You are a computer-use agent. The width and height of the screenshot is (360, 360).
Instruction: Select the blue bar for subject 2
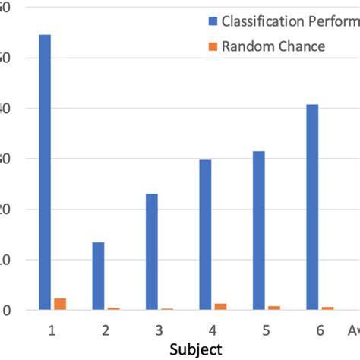[98, 276]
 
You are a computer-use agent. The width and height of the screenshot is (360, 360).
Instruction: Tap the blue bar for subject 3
[152, 251]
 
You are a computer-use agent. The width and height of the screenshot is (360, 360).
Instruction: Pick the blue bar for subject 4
[205, 235]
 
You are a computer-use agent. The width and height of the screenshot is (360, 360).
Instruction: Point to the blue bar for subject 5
[259, 230]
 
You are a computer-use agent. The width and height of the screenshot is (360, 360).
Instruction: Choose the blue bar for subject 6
[312, 207]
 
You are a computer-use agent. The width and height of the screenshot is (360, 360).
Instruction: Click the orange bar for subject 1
[60, 304]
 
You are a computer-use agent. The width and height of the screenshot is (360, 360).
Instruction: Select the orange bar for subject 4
[220, 306]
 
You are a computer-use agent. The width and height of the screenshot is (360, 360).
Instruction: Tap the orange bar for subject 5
[274, 308]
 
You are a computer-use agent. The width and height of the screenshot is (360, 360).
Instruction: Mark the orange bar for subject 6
[327, 308]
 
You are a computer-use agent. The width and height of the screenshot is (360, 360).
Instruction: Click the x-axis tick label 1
[52, 330]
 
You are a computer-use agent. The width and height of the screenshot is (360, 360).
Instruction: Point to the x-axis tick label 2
[106, 330]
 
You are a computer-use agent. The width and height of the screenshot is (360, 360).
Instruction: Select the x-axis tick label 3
[159, 330]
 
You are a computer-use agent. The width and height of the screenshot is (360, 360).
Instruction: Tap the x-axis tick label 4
[213, 330]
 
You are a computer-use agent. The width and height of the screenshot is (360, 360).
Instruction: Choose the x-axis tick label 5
[267, 330]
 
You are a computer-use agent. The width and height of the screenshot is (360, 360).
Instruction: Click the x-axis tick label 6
[320, 330]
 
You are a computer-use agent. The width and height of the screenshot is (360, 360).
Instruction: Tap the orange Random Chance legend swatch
[213, 46]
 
